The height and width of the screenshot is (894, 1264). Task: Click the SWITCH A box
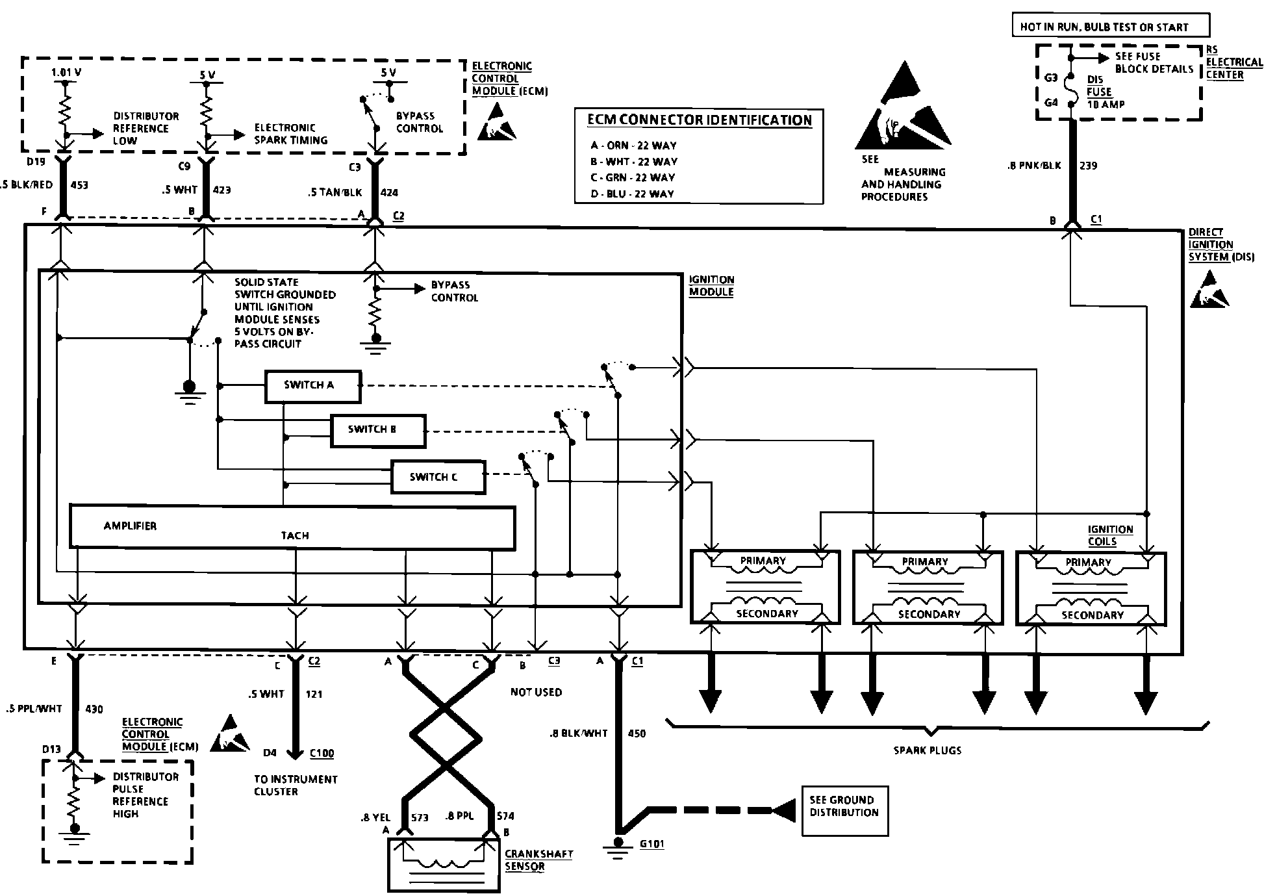[312, 387]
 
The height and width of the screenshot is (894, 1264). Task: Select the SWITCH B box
[378, 431]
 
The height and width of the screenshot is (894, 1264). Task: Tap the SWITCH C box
[438, 478]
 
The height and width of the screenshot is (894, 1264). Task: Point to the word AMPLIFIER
[130, 526]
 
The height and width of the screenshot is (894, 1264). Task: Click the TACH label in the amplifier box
[295, 535]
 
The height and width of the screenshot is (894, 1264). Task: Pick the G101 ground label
[651, 845]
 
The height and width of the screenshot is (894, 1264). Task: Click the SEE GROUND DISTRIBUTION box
[844, 811]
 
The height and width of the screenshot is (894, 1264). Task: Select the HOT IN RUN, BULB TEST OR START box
[1111, 27]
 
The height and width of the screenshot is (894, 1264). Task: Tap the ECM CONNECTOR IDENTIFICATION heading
[700, 120]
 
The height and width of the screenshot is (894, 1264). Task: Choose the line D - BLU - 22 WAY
[632, 194]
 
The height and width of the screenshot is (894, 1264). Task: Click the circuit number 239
[1088, 166]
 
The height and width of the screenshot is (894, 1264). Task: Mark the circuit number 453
[79, 185]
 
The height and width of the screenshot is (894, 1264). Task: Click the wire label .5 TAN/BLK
[335, 192]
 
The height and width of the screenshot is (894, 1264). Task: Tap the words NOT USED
[536, 693]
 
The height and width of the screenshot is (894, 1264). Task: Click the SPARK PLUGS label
[927, 750]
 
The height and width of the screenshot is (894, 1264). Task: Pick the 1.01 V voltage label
[66, 73]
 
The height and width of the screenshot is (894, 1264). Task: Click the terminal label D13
[51, 750]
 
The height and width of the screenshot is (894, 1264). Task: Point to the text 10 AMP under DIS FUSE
[1106, 104]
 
